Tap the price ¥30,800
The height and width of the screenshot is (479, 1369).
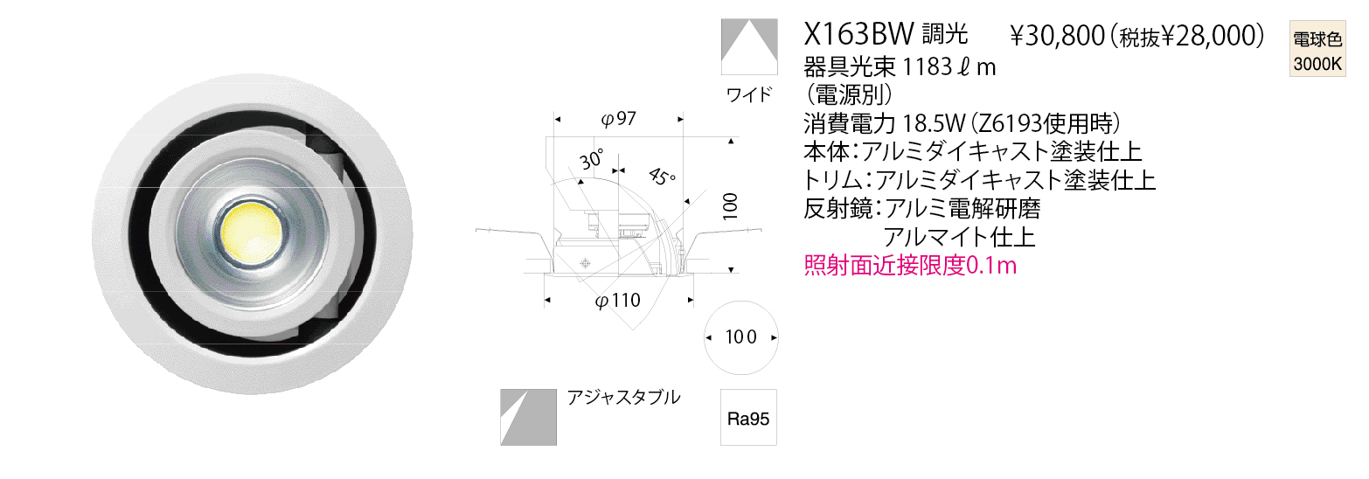coord(1057,36)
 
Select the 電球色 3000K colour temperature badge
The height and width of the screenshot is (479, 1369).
coord(1317,49)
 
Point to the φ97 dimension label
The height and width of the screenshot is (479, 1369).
coord(618,119)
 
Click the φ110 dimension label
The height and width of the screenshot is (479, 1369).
coord(617,300)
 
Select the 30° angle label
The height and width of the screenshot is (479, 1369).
coord(592,159)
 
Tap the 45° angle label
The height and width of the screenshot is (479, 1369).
coord(662,177)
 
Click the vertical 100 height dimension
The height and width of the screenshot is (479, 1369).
coord(730,206)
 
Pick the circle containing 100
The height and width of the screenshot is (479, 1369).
coord(741,337)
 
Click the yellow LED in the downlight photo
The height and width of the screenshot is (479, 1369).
coord(252,233)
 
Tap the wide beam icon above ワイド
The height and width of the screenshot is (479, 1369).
coord(749,47)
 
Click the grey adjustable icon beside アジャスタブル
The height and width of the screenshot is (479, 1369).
coord(528,417)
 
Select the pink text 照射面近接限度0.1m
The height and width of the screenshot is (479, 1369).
coord(910,265)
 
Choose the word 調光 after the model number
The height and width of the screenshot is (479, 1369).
coord(945,33)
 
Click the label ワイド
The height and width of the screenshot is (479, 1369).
coord(749,94)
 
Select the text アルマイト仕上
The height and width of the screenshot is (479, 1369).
coord(959,237)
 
